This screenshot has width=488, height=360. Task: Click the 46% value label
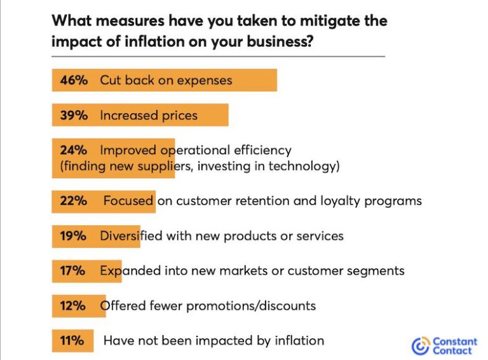click(73, 81)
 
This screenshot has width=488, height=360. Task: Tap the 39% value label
click(73, 116)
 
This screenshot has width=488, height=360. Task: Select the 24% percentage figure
click(73, 151)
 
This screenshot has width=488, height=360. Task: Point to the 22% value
click(73, 201)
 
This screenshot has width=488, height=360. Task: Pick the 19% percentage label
click(73, 236)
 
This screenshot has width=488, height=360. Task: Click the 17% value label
click(73, 271)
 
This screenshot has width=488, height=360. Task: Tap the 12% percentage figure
click(73, 306)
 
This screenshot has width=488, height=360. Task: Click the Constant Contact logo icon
click(420, 346)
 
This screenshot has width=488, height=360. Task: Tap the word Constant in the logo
click(454, 342)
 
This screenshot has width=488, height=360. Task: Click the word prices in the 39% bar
click(179, 116)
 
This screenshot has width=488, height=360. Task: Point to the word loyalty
click(327, 201)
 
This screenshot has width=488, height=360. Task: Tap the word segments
click(374, 271)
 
